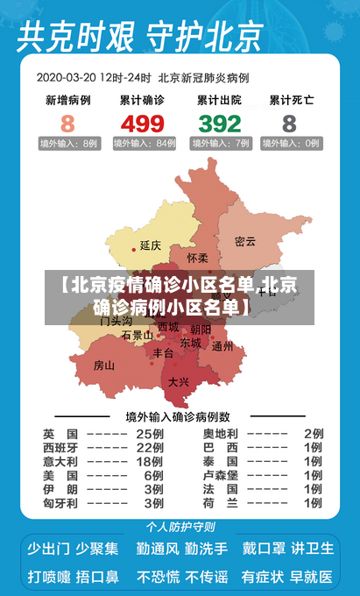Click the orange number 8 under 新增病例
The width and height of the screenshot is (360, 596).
(x=67, y=123)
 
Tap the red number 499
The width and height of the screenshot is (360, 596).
(x=142, y=123)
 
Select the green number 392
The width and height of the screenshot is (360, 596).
(x=219, y=123)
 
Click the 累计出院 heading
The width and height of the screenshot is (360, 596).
(x=219, y=100)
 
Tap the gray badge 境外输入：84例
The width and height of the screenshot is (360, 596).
(x=142, y=143)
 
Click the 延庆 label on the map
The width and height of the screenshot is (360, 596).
(x=151, y=245)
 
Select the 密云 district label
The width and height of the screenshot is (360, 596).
(x=246, y=241)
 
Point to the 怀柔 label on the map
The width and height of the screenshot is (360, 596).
(x=198, y=258)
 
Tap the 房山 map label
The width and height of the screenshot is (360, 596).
(x=104, y=365)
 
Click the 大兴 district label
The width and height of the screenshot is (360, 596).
(x=179, y=381)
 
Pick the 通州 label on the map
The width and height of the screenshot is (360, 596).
(x=222, y=346)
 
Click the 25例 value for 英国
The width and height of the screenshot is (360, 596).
(x=150, y=433)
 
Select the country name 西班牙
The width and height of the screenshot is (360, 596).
(x=60, y=447)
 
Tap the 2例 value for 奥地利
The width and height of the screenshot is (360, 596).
(x=313, y=433)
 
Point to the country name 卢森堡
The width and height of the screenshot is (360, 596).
(x=220, y=475)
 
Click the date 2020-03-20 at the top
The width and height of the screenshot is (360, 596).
(x=66, y=77)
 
